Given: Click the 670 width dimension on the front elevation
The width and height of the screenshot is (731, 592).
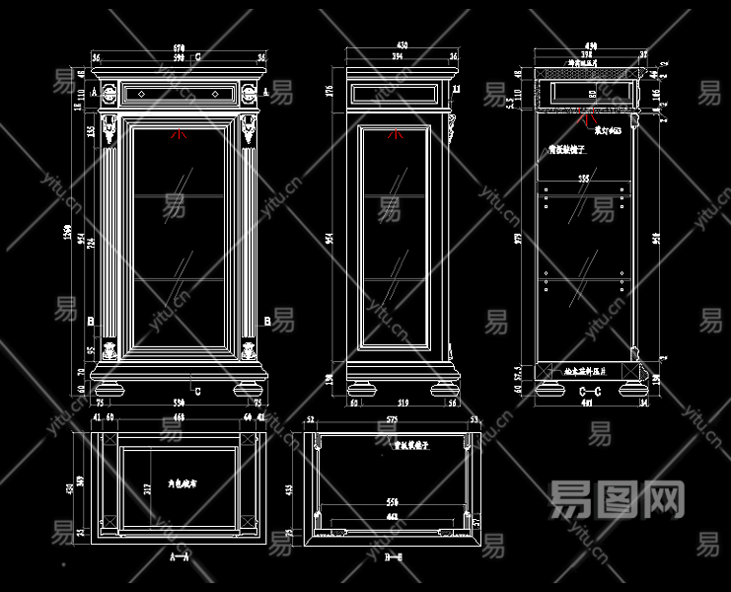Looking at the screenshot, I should tap(179, 47).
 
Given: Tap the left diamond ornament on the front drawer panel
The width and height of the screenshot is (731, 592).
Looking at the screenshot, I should tap(142, 94).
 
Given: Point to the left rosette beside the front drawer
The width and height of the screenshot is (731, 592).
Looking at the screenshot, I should tap(110, 95).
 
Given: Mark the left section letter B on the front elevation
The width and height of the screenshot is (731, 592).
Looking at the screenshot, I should tap(90, 322).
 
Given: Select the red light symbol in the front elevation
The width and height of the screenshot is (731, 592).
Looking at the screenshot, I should tap(179, 135).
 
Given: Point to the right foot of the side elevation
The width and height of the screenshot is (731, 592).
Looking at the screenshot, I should tap(445, 387).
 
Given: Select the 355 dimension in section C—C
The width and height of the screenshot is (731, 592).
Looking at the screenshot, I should tap(583, 179).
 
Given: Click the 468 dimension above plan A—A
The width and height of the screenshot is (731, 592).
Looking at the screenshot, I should tap(179, 418).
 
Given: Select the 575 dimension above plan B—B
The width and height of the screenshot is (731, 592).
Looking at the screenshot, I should tap(392, 419).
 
